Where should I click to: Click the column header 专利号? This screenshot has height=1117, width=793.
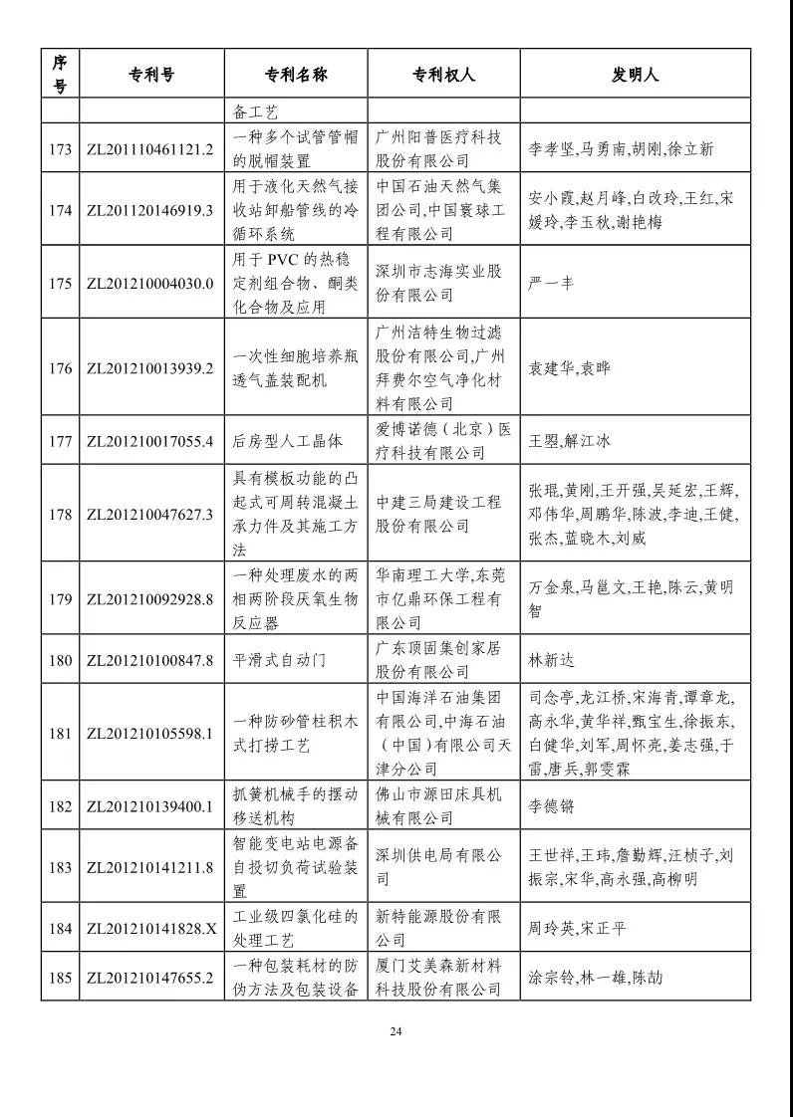[151, 75]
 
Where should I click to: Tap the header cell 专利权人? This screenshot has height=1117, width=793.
[443, 75]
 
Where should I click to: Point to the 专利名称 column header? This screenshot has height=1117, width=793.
[296, 75]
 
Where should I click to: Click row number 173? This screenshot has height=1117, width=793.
[60, 149]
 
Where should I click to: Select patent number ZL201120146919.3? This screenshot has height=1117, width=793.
[150, 210]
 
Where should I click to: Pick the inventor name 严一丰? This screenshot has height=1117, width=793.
[550, 283]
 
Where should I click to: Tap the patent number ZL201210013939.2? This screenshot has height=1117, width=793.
[150, 368]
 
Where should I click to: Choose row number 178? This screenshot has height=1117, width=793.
[60, 515]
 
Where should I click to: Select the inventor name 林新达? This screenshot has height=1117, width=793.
[551, 660]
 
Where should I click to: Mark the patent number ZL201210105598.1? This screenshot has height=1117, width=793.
[150, 734]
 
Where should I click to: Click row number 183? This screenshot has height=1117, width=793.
[60, 867]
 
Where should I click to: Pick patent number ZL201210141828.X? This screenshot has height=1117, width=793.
[150, 929]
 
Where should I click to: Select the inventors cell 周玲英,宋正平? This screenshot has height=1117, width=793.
[577, 929]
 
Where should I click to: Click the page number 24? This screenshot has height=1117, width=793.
[396, 1030]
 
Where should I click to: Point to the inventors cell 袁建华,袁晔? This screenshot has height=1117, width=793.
[568, 368]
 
